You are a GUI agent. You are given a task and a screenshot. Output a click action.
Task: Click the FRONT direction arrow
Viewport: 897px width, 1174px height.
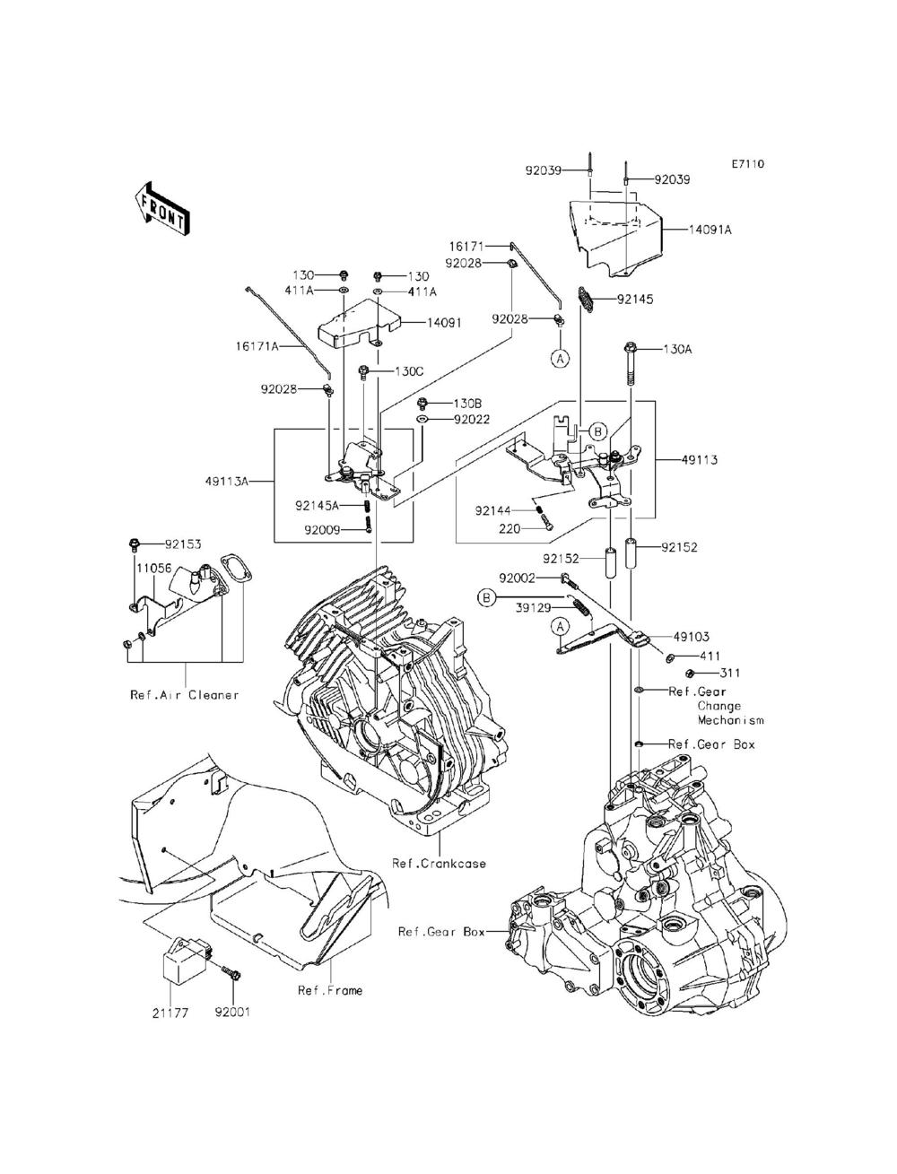[161, 208]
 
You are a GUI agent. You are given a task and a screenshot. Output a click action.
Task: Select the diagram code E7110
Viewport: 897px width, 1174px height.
[748, 163]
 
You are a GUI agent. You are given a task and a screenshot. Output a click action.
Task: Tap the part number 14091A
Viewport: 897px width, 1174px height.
[710, 230]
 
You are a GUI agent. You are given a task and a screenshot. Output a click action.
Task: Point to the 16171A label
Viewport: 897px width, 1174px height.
[257, 346]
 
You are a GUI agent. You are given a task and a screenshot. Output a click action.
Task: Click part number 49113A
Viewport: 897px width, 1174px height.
[227, 481]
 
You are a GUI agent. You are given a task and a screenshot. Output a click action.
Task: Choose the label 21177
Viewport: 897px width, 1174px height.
[170, 1013]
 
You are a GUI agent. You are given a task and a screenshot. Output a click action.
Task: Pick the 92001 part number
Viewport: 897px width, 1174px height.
[232, 1012]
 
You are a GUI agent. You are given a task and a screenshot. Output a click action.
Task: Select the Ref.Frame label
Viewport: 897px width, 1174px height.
[330, 990]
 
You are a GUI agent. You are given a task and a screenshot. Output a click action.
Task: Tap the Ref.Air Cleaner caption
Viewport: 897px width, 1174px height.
[185, 695]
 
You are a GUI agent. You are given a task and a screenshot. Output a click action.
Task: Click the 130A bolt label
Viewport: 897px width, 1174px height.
[678, 349]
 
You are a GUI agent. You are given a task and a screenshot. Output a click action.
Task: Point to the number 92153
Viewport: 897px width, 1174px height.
[183, 544]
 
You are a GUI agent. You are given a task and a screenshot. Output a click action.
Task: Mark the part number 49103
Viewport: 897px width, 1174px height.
[691, 637]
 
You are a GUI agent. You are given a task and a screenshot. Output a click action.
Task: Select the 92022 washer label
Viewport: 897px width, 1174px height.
[472, 420]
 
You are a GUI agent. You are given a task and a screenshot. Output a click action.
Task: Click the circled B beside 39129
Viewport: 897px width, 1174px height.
[486, 597]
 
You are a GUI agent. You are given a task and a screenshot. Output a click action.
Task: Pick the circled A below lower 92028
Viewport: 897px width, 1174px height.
[560, 358]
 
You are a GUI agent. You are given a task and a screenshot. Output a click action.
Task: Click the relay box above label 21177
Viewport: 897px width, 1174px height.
[187, 961]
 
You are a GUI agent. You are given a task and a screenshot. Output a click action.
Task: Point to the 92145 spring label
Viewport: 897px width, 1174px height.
[635, 299]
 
